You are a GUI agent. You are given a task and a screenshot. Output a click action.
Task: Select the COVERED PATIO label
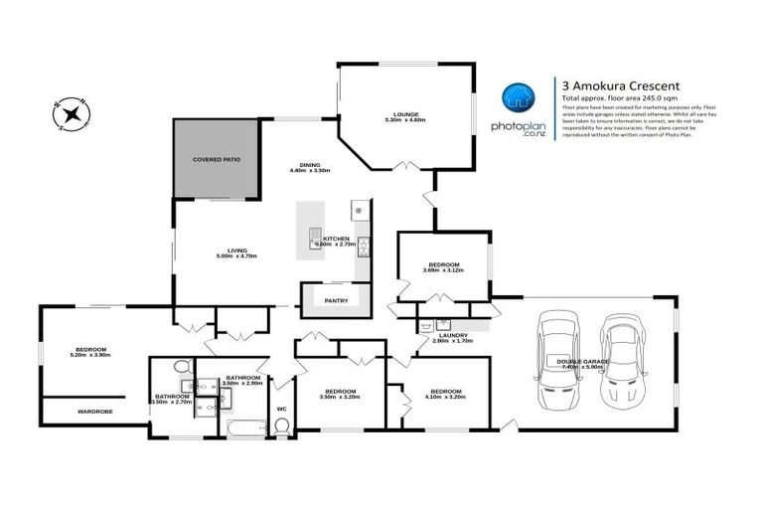pos(217,159)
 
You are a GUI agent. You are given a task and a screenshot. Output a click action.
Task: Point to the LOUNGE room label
pos(404,113)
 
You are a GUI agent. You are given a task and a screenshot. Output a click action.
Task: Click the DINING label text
pos(310,165)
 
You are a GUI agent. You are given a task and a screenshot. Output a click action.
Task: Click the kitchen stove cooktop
pos(358,211)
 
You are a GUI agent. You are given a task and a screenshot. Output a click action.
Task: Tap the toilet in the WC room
pos(281,426)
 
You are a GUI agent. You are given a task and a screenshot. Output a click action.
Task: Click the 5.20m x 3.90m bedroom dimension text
pos(90,355)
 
